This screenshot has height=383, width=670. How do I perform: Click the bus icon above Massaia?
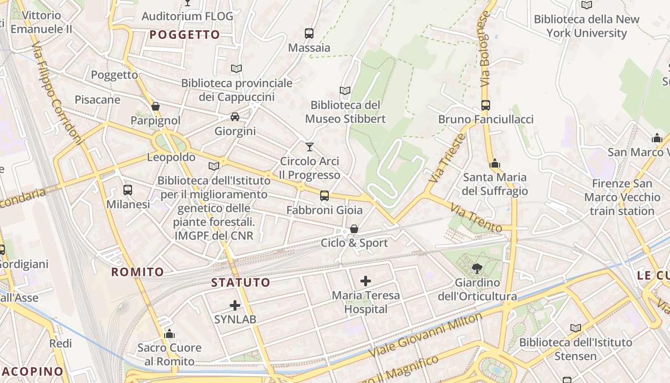(x=309, y=34)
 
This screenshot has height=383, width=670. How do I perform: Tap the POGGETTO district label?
(x=184, y=34)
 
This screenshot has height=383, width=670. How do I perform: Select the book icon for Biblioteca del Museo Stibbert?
(x=345, y=90)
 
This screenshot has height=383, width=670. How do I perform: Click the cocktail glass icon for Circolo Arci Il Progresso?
(x=310, y=146)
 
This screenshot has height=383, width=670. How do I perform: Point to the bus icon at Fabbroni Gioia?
(x=324, y=195)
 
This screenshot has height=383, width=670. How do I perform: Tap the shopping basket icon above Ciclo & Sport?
(x=354, y=229)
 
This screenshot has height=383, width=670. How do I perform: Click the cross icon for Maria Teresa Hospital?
(x=366, y=281)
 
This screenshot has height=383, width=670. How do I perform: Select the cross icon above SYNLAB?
(x=235, y=305)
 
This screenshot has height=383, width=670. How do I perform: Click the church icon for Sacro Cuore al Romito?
(x=169, y=333)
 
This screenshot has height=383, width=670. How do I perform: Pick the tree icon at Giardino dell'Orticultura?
(x=477, y=268)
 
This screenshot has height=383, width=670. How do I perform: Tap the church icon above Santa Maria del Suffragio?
(x=495, y=163)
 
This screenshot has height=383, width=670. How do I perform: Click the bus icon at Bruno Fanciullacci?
(x=486, y=105)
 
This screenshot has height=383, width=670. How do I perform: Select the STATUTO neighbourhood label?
(x=241, y=282)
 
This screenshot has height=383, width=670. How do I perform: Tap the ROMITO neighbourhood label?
(x=138, y=272)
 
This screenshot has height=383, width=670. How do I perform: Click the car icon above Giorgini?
(x=235, y=116)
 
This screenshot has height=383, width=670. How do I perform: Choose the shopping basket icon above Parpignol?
(x=156, y=106)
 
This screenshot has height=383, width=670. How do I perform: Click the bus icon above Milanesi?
(x=128, y=190)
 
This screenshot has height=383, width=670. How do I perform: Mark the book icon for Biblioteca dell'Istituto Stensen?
(x=576, y=328)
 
